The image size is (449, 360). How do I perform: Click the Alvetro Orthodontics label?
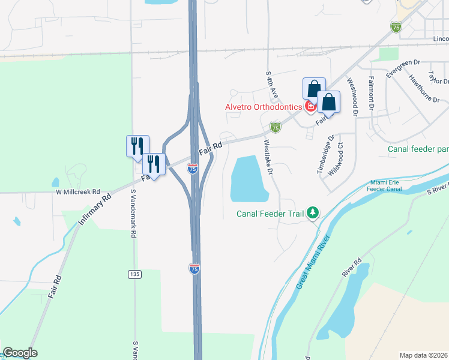tap(263, 107)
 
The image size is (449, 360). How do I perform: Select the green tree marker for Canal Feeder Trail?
tap(312, 213)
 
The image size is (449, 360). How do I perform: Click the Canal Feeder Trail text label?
tap(270, 213)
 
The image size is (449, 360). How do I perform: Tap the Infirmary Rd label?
tap(95, 209)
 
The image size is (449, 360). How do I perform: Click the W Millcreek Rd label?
tap(78, 193)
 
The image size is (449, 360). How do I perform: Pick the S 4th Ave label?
tap(272, 85)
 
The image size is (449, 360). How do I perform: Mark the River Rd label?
tap(352, 268)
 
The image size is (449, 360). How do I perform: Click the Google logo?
tap(19, 353)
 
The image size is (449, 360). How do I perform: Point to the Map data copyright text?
tap(424, 355)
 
